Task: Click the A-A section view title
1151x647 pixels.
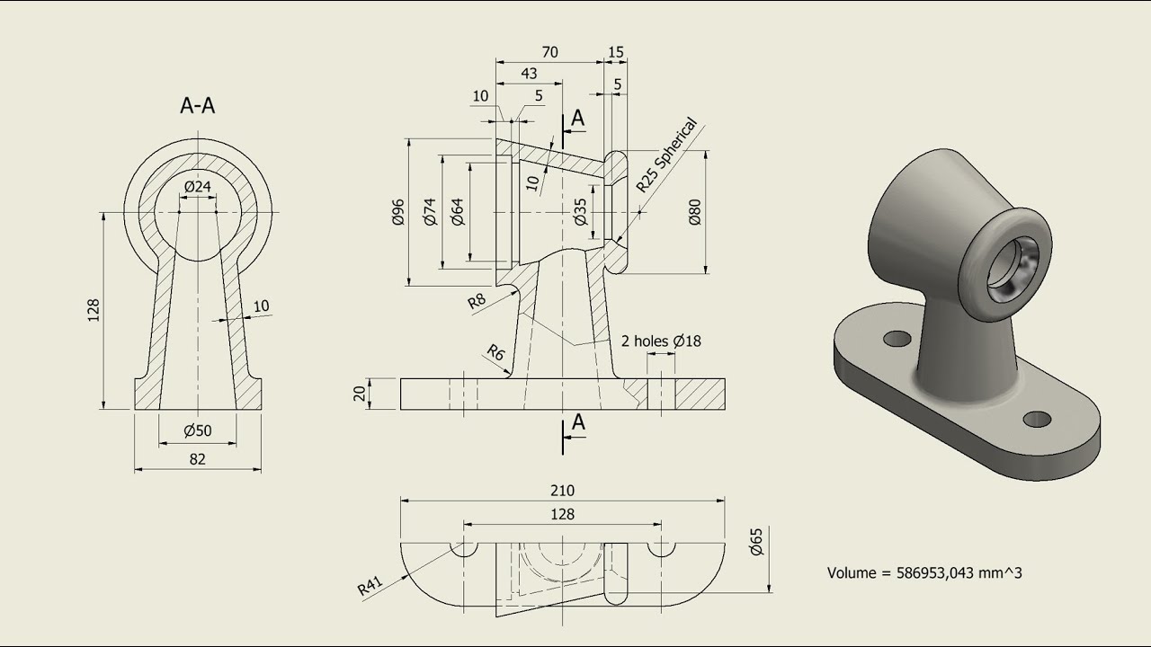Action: tap(198, 106)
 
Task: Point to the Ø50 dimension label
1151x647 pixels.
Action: tap(197, 430)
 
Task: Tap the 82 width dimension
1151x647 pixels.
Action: tap(197, 458)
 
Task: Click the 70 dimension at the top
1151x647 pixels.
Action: tap(549, 52)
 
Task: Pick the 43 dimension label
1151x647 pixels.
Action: tap(530, 73)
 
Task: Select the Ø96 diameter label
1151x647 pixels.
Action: tap(399, 212)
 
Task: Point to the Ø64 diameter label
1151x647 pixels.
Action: tap(458, 212)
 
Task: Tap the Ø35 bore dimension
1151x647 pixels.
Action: tap(580, 212)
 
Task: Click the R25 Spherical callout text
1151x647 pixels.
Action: tap(666, 155)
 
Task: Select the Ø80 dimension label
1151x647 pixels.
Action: tap(694, 212)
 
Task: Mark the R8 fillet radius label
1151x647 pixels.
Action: tap(477, 301)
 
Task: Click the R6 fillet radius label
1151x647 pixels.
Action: tap(495, 351)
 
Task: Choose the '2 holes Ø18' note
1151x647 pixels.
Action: tap(661, 341)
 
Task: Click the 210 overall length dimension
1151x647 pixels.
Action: tap(562, 491)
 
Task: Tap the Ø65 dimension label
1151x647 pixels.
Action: tap(756, 543)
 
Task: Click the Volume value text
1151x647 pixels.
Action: tap(923, 572)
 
